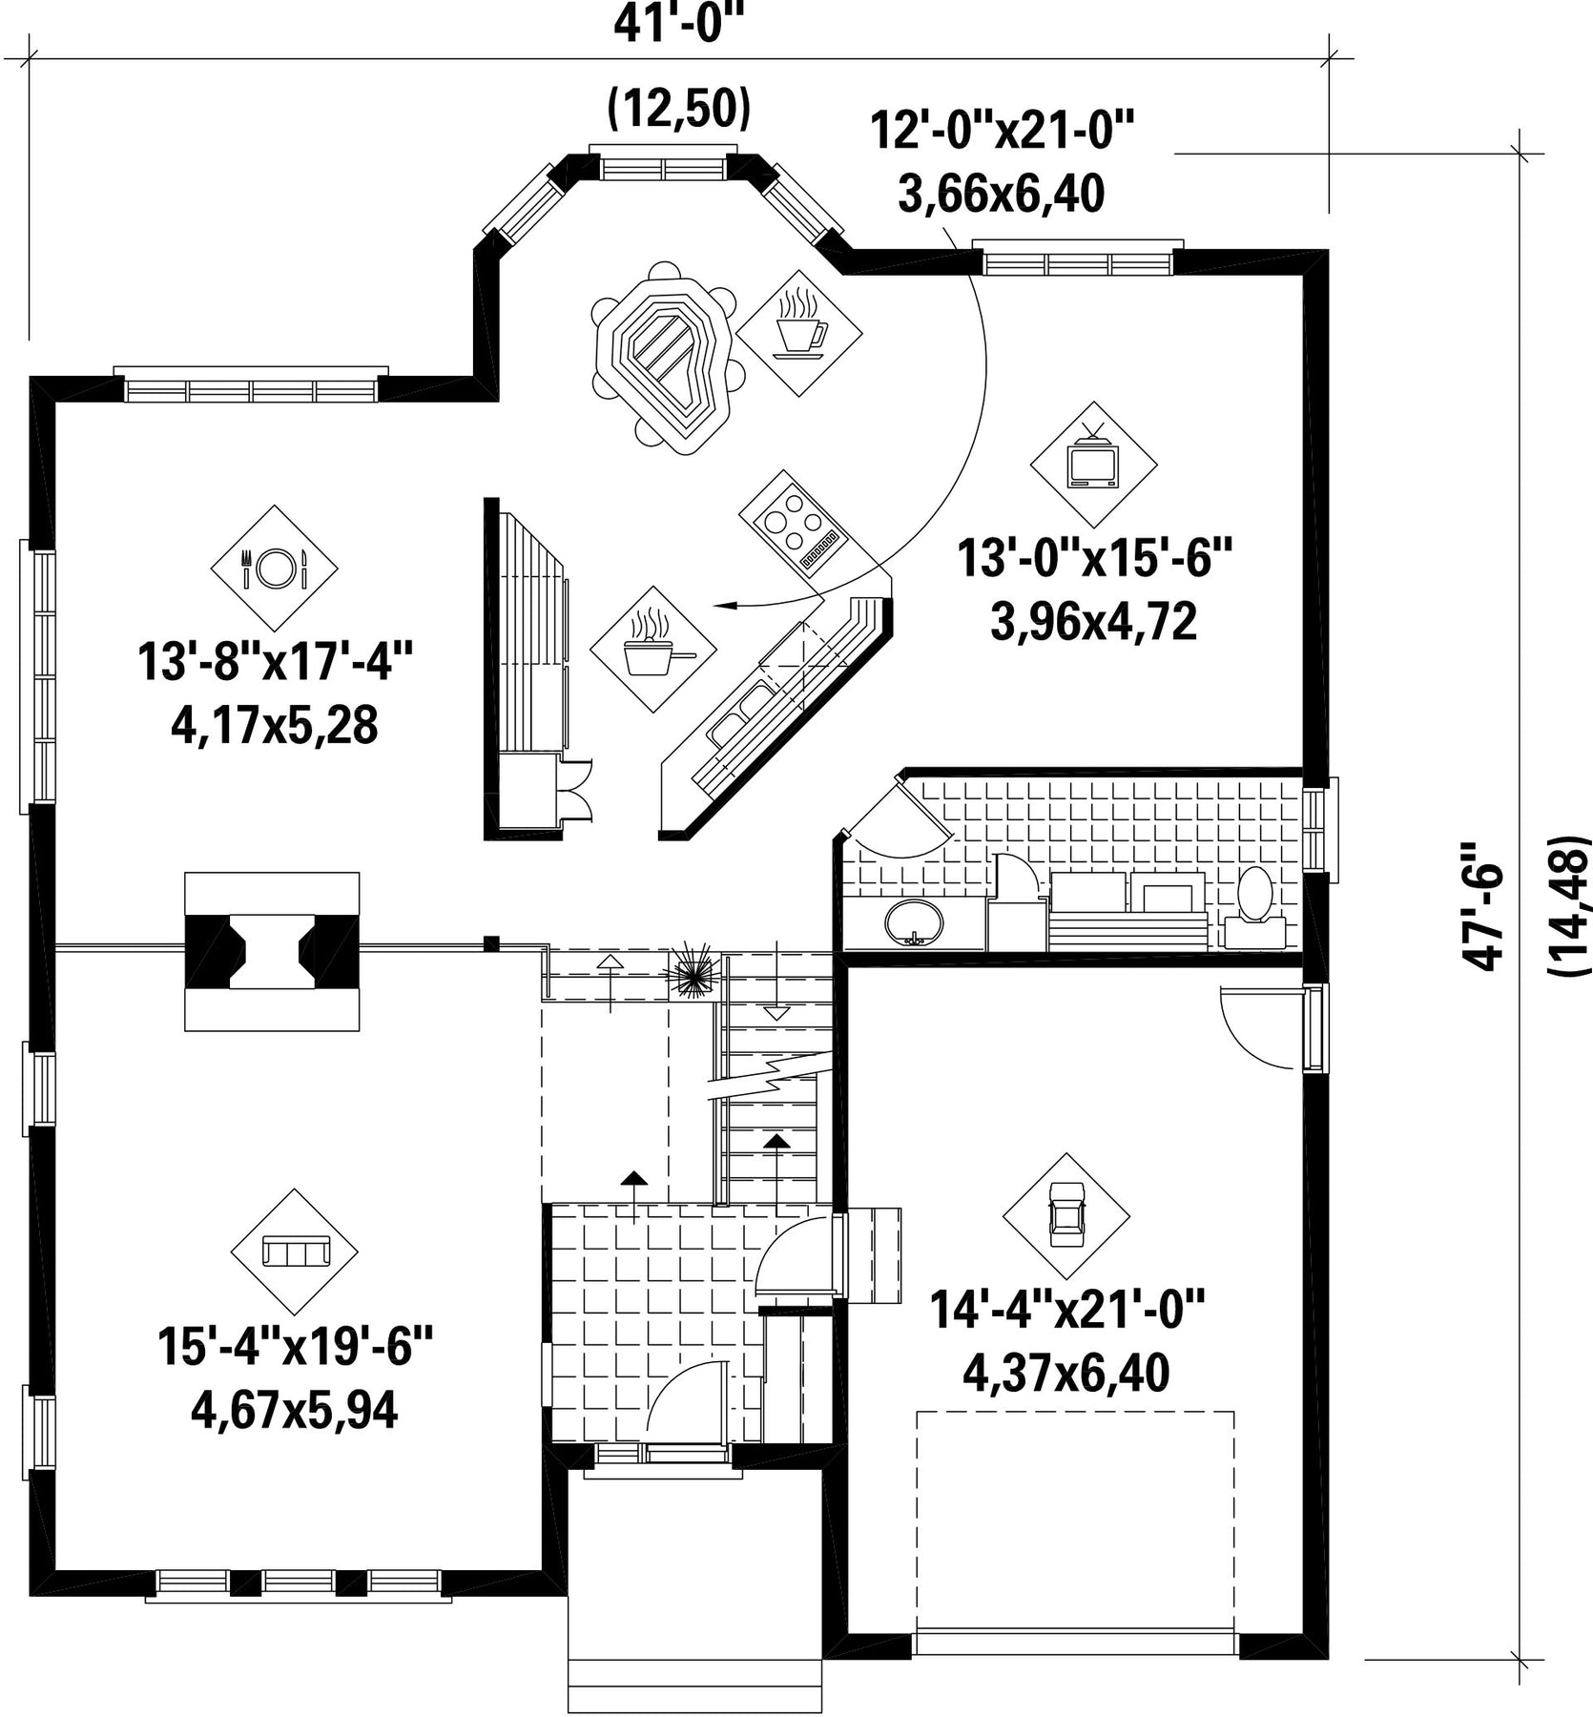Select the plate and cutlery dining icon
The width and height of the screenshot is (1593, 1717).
[x=274, y=569]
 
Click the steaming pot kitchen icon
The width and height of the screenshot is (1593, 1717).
[x=652, y=649]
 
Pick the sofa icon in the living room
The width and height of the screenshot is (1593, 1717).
[x=295, y=1252]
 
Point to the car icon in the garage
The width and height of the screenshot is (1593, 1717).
[x=1065, y=1216]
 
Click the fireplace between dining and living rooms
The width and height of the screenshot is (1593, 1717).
[x=272, y=951]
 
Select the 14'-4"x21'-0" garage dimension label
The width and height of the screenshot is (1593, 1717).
[x=1068, y=1310]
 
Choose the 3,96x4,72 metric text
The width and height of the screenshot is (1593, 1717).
[x=1094, y=622]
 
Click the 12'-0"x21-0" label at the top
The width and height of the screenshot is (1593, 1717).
[x=1002, y=131]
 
